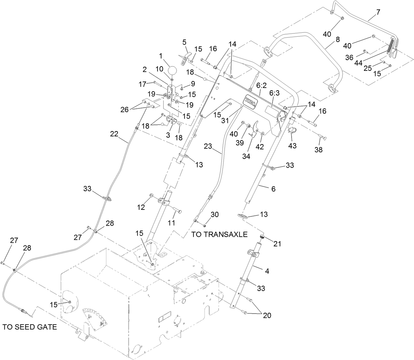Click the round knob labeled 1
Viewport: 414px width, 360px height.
coord(173,71)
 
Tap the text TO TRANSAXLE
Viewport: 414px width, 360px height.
coord(219,235)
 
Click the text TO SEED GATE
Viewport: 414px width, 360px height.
coord(30,327)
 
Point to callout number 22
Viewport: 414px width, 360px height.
coord(114,134)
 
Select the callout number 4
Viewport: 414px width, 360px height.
coord(267,271)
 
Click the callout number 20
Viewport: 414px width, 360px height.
coord(267,315)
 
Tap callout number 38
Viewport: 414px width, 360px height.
coord(318,150)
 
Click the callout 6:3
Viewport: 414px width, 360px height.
coord(274,93)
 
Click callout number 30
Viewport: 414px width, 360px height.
coord(215,214)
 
